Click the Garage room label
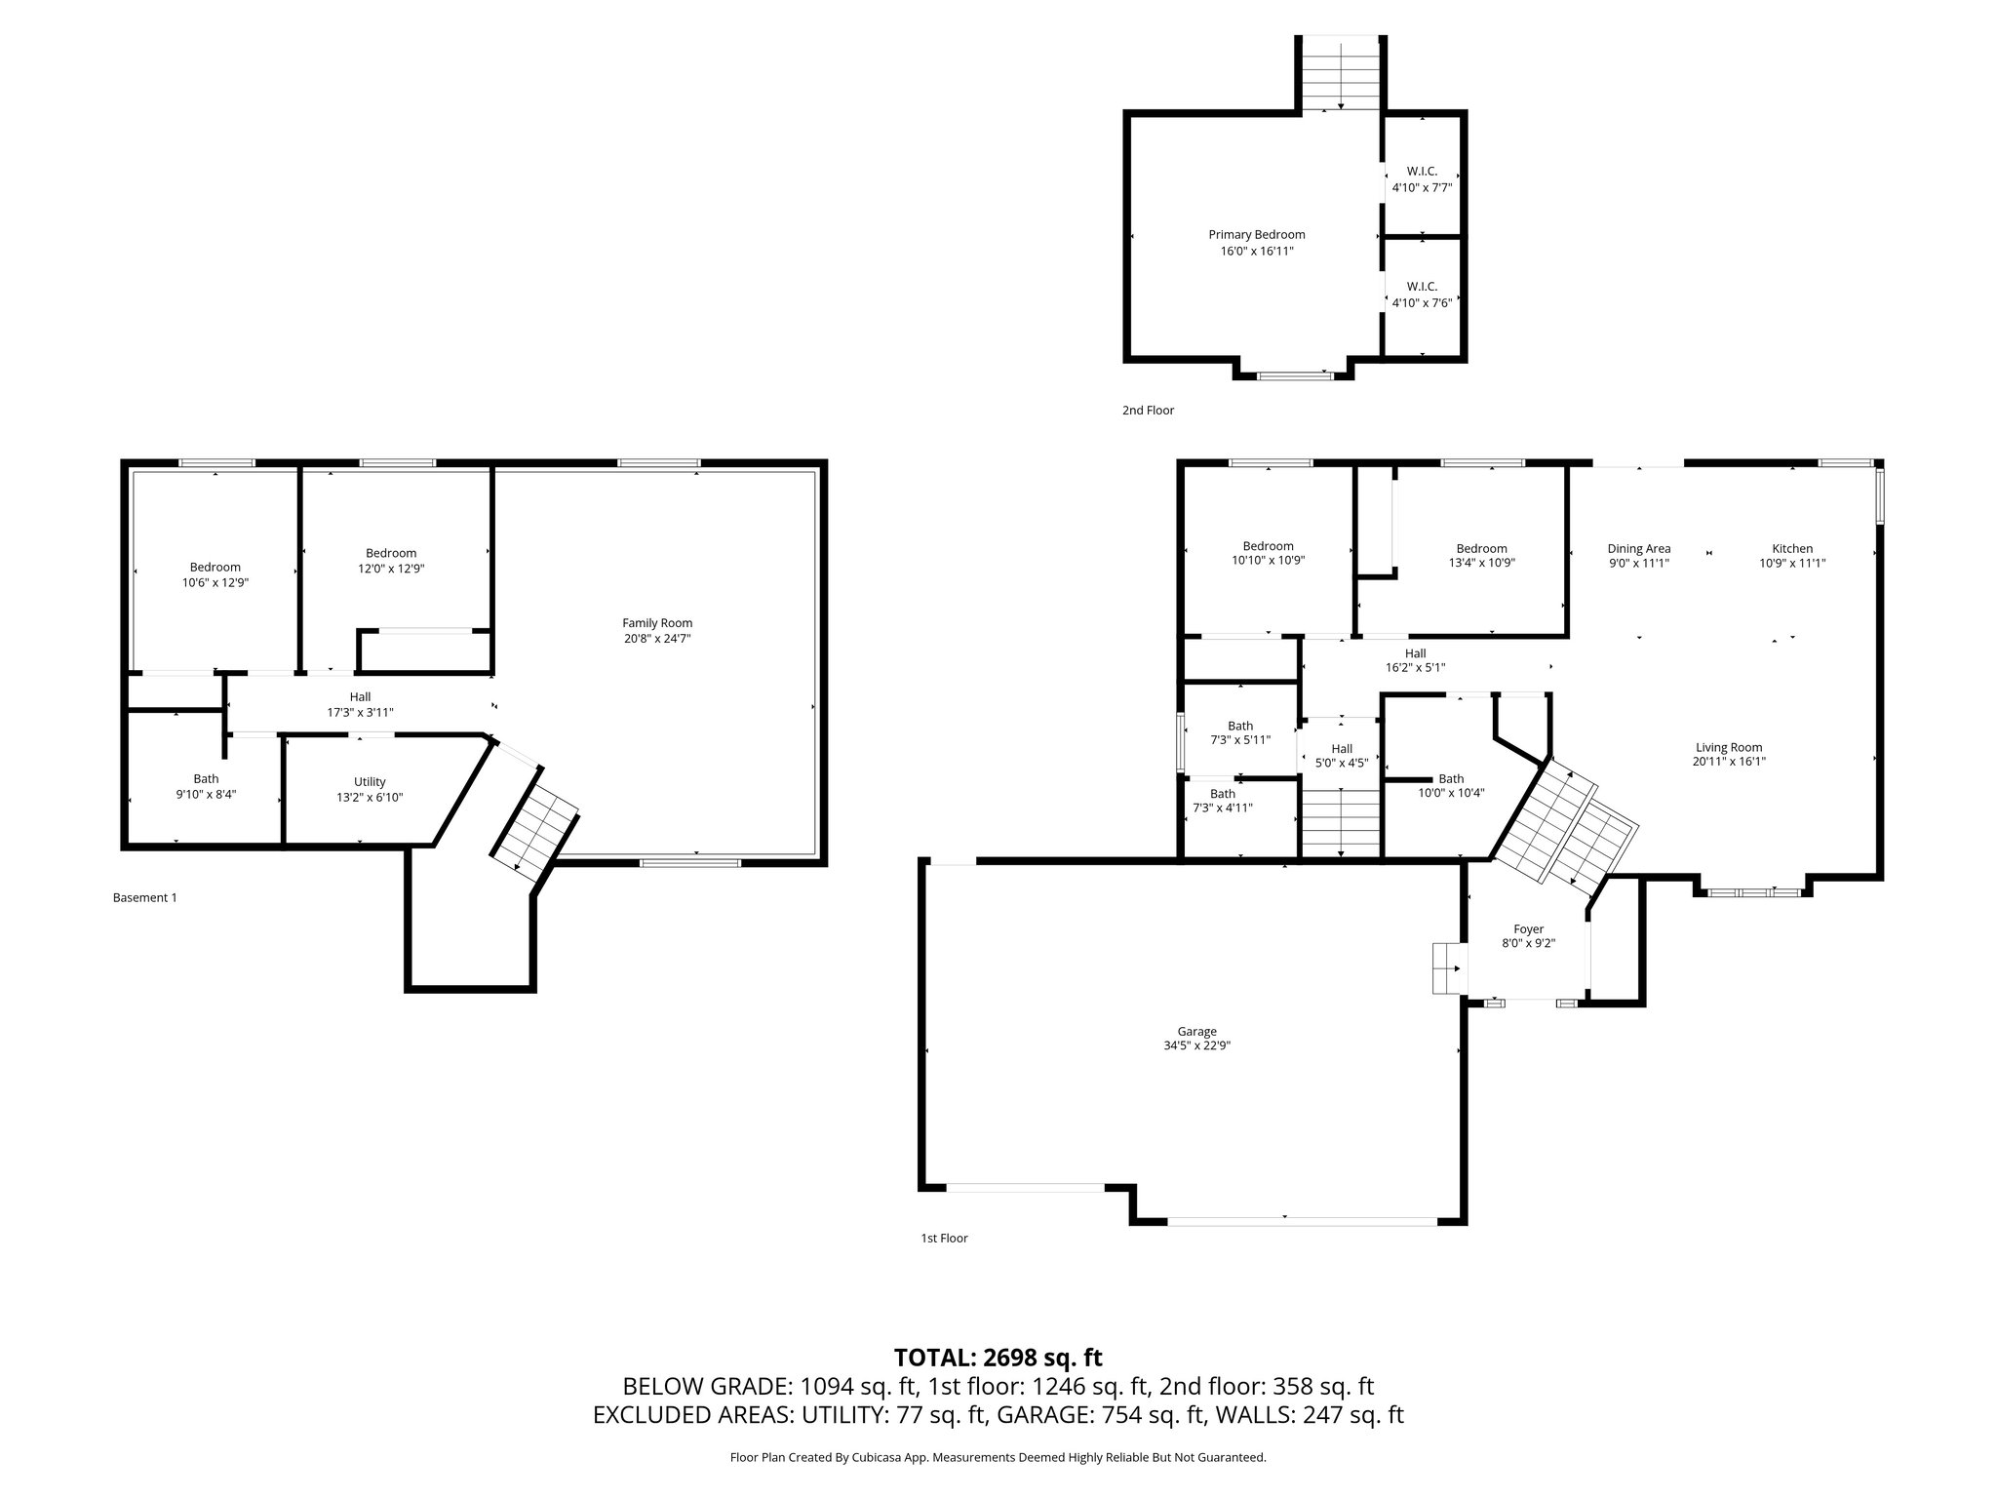pos(1196,1031)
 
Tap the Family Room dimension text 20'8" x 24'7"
pos(657,639)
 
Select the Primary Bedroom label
pos(1256,234)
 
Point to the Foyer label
pos(1528,929)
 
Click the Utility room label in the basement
pos(370,781)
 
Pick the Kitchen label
pos(1792,548)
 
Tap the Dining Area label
pos(1638,548)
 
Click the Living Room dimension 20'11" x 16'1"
pos(1729,762)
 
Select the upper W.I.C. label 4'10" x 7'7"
pos(1422,179)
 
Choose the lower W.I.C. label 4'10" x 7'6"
pos(1422,295)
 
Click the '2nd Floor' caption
pos(1148,411)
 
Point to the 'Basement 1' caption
pos(145,897)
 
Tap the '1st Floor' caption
pos(944,1239)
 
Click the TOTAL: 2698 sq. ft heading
pos(998,1358)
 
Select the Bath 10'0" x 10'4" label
pos(1451,785)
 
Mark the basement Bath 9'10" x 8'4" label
pos(206,786)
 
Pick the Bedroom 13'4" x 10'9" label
pos(1481,555)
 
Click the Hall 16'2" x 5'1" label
pos(1415,660)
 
